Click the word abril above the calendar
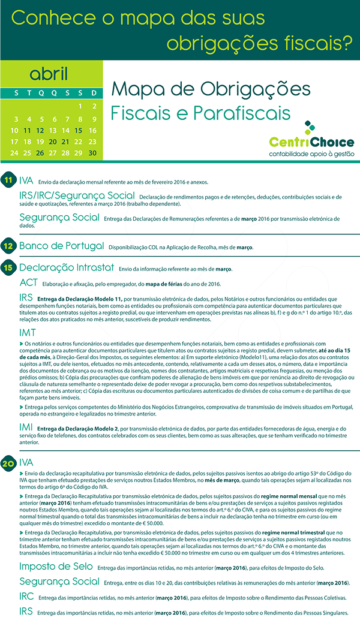[49, 74]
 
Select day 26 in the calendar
[40, 153]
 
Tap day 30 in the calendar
[92, 153]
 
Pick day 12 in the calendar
[40, 130]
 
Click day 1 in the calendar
[80, 107]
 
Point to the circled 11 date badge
[8, 180]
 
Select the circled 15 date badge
[8, 267]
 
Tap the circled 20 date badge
[8, 463]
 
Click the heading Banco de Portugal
[62, 246]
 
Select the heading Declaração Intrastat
[67, 267]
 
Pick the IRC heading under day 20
[26, 597]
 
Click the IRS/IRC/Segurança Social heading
[77, 195]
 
